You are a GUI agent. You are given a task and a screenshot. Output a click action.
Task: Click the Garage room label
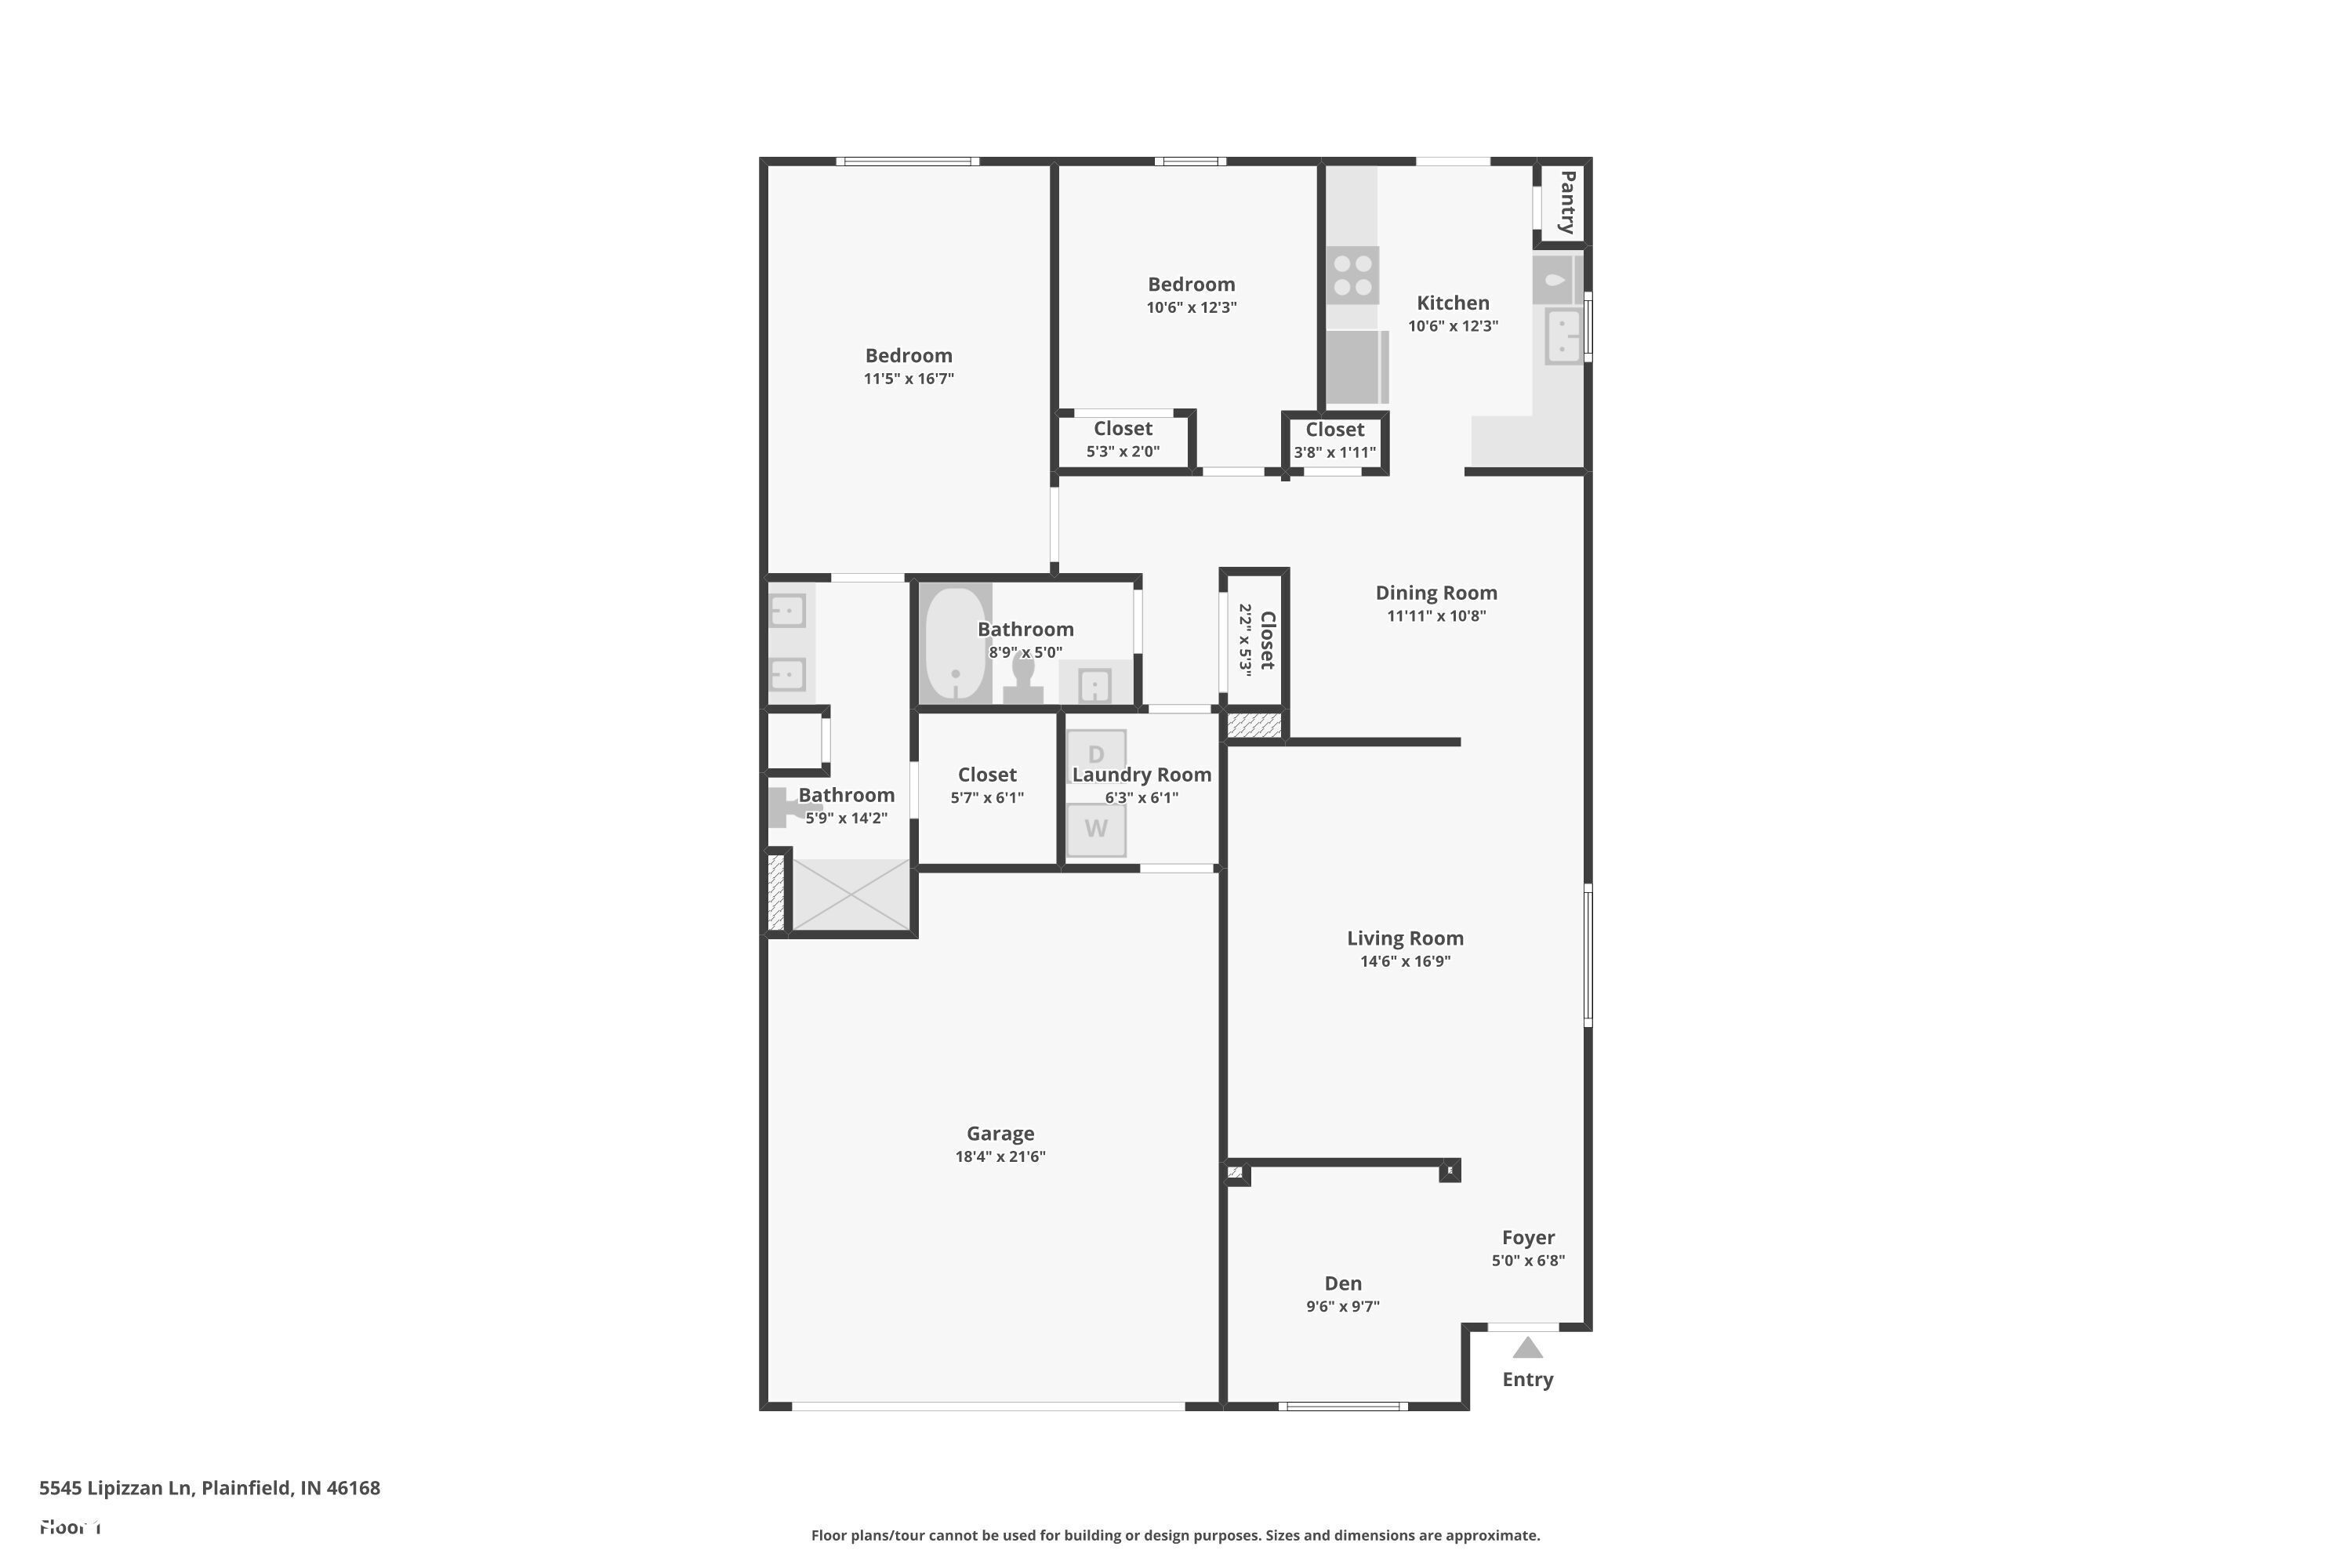click(x=1000, y=1133)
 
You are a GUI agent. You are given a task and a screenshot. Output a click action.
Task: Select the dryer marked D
click(x=1096, y=752)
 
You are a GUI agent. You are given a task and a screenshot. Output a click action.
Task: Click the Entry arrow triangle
click(x=1527, y=1349)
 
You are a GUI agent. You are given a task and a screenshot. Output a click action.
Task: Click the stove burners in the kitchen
click(x=1353, y=275)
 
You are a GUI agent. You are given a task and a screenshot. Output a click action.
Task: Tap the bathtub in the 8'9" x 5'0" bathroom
click(x=955, y=644)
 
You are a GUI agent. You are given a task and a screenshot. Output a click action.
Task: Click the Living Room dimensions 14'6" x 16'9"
click(x=1405, y=962)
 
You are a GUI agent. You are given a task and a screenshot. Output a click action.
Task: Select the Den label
click(x=1343, y=1283)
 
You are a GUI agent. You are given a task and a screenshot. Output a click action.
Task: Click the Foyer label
click(x=1528, y=1237)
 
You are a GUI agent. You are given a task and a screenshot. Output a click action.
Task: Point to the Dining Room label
click(x=1436, y=593)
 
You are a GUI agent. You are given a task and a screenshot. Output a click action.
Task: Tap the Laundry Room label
click(x=1142, y=774)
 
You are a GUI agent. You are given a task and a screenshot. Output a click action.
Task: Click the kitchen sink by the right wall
click(x=1563, y=335)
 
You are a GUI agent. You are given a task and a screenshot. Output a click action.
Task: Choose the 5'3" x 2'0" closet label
click(x=1123, y=429)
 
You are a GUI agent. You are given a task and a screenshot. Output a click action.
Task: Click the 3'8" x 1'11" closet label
click(x=1335, y=430)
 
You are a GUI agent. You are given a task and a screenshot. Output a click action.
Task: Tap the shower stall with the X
click(x=851, y=895)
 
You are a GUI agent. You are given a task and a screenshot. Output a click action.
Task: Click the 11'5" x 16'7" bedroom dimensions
click(x=909, y=379)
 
